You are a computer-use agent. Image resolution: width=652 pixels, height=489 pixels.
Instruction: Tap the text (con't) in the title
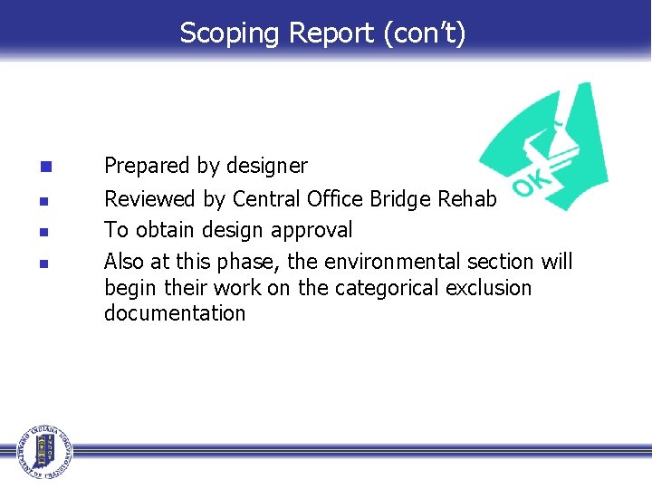point(425,34)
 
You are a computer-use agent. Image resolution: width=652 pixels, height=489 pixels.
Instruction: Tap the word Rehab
point(468,198)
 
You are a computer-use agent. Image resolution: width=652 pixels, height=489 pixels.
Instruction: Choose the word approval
point(313,231)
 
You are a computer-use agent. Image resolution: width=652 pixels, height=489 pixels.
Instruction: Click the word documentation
point(175,313)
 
